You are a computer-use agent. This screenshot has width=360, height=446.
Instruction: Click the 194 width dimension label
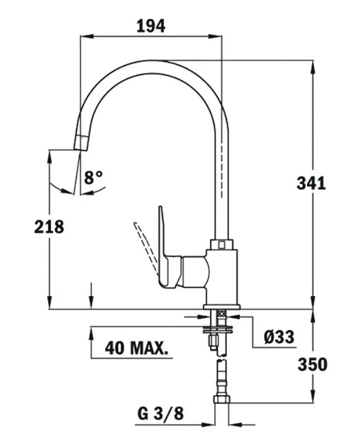coord(150,26)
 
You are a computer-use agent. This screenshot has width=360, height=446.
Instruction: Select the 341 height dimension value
coord(311,184)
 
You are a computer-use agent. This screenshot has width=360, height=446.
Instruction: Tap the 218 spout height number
coord(49,227)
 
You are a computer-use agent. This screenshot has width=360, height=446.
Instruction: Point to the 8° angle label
coord(94,177)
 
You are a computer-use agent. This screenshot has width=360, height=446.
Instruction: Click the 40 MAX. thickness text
coord(136,347)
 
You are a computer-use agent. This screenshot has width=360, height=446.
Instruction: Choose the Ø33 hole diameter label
coord(279,336)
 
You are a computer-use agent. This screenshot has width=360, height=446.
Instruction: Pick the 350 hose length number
coord(312,365)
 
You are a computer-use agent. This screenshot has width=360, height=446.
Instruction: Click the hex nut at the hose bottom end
coord(221,400)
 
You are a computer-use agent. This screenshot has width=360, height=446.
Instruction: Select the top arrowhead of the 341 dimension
coord(313,65)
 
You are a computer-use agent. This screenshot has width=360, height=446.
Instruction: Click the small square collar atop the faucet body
coord(221,243)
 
